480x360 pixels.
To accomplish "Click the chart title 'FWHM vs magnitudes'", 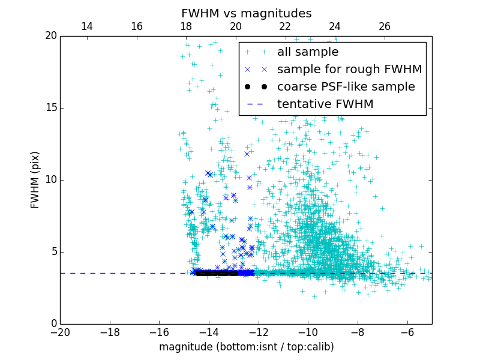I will click(x=246, y=13).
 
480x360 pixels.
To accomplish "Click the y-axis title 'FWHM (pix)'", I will click(x=35, y=179).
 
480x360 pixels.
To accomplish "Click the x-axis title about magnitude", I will click(x=246, y=347).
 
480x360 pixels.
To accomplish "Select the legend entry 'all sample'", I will click(x=308, y=52).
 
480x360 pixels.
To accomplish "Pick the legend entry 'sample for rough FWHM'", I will click(x=349, y=70).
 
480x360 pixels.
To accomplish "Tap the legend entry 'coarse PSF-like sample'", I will click(x=346, y=87).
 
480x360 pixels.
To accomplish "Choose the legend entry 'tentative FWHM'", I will click(x=325, y=104).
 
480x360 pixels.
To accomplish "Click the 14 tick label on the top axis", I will click(x=86, y=26).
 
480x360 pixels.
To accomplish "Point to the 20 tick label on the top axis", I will click(x=235, y=26).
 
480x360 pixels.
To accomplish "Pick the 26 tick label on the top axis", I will click(x=385, y=26).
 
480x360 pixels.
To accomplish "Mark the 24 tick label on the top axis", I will click(x=335, y=26).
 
